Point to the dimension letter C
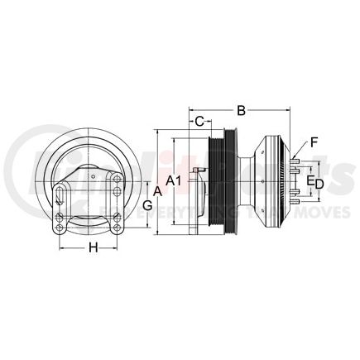[x=200, y=123]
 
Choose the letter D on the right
[x=319, y=181]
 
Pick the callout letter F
[x=314, y=141]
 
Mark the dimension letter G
[x=147, y=204]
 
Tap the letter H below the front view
[x=94, y=247]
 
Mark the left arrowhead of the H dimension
[x=60, y=248]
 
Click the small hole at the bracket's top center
[x=94, y=176]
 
